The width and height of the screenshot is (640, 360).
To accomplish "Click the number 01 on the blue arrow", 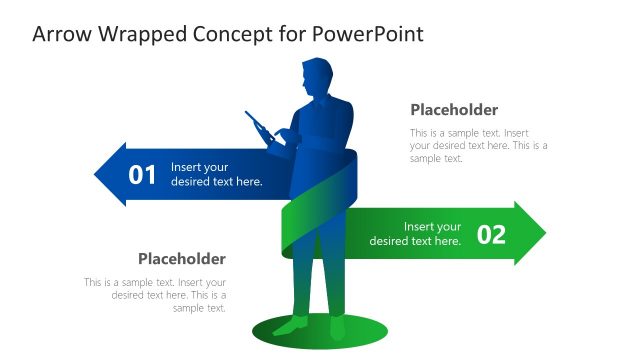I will pos(143,175).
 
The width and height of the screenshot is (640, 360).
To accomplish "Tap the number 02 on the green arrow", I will pos(491,234).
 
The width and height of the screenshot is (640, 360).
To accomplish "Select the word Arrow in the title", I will pos(61,34).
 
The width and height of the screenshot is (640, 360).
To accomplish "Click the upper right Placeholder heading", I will pos(454,110).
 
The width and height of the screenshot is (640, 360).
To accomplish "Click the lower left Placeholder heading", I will pos(181,258).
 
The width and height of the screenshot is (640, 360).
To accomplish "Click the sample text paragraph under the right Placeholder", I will pos(478,145).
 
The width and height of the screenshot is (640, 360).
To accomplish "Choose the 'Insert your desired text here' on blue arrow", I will pos(216,174).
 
